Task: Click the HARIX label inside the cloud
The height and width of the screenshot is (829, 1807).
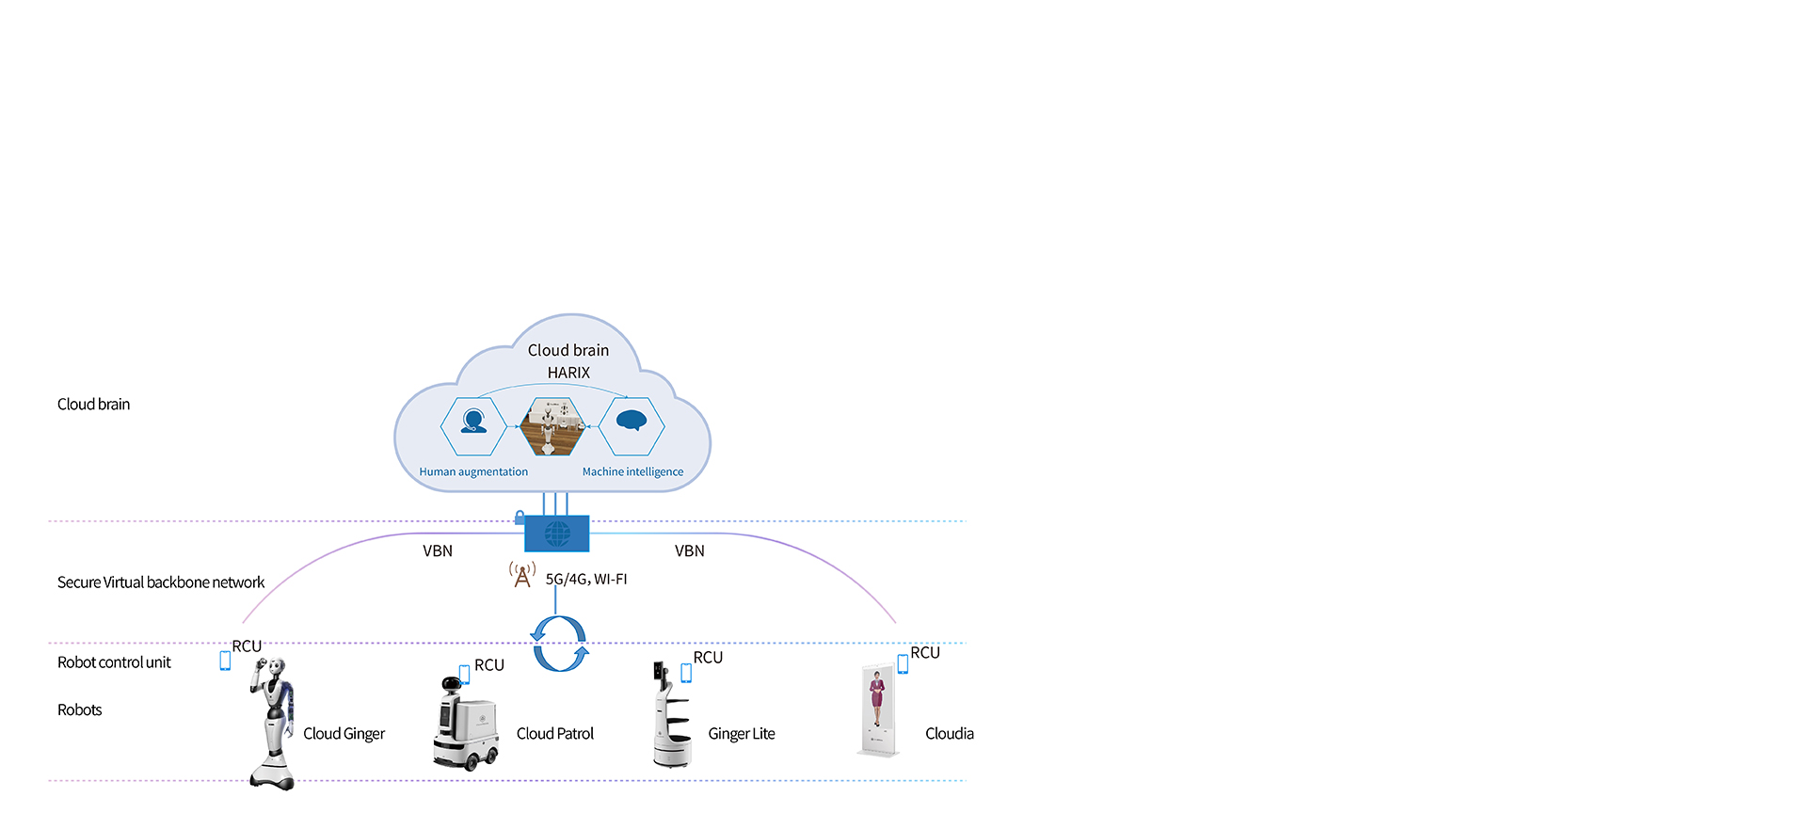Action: click(x=568, y=373)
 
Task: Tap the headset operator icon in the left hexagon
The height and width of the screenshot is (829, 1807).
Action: click(x=473, y=421)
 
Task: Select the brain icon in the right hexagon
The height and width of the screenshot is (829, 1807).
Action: click(x=632, y=421)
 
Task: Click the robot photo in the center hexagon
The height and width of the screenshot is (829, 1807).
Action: click(x=552, y=426)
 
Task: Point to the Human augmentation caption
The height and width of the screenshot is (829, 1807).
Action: click(x=473, y=471)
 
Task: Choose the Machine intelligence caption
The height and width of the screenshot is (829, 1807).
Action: click(x=632, y=471)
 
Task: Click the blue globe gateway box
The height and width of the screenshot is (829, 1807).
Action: click(x=556, y=534)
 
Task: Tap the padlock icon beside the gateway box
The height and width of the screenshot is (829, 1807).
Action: click(x=520, y=518)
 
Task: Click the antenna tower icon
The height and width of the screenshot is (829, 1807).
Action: click(x=522, y=574)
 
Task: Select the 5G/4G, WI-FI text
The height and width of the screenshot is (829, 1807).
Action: click(x=586, y=579)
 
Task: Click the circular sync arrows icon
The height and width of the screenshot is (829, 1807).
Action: click(x=560, y=644)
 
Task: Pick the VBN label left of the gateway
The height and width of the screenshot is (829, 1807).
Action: click(x=438, y=550)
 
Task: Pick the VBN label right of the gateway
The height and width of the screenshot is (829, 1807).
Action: click(x=689, y=550)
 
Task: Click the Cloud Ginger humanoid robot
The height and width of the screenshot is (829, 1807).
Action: click(x=274, y=723)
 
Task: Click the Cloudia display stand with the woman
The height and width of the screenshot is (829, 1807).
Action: click(x=877, y=710)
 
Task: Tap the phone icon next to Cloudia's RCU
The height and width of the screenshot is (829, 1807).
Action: click(x=903, y=663)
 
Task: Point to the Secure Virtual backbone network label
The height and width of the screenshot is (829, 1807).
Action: click(x=161, y=582)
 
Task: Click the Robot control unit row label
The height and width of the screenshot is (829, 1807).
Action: click(x=114, y=662)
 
